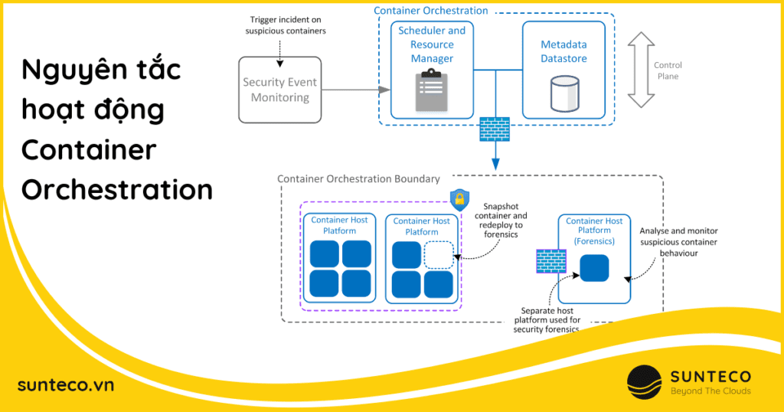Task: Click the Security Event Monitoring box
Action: tap(280, 90)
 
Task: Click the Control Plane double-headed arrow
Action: tap(641, 70)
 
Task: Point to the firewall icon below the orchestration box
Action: tap(495, 129)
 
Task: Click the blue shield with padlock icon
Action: tap(459, 200)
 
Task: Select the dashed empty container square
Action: tap(439, 254)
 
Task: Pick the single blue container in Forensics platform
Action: tap(594, 268)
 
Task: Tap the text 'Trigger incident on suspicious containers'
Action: tap(286, 25)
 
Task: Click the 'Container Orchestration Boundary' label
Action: tap(358, 179)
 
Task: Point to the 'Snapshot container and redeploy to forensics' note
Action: tap(501, 220)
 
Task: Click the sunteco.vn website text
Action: tap(65, 384)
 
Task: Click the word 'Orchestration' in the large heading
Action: tap(116, 188)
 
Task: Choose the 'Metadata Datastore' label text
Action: tap(563, 51)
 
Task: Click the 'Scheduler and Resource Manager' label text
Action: tap(432, 44)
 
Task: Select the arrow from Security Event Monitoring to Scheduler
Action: tap(350, 90)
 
